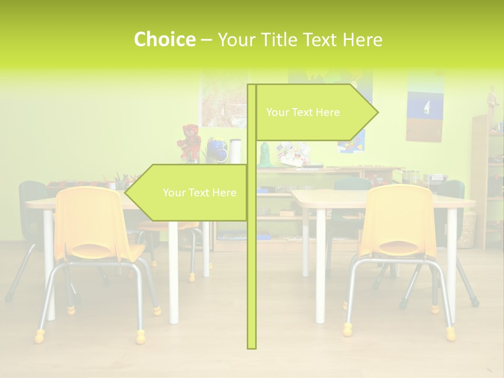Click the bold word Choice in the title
(164, 40)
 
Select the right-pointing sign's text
(303, 112)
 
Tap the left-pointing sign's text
(199, 193)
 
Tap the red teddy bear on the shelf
(190, 141)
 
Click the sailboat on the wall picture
(427, 108)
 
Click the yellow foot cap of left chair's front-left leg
(39, 335)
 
